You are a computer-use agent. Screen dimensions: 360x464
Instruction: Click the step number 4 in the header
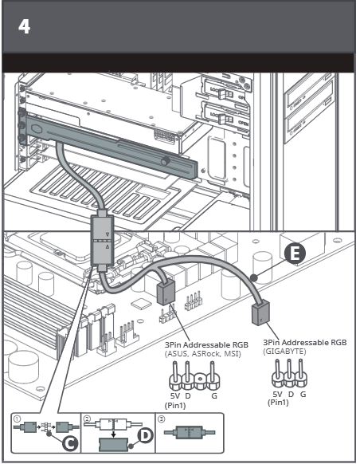[x=24, y=26]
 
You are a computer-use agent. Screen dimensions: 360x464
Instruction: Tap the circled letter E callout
[x=295, y=254]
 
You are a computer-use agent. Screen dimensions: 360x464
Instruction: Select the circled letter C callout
[x=70, y=443]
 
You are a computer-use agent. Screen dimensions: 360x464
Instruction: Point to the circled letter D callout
[x=145, y=435]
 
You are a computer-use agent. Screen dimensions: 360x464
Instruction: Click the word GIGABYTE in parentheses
[x=284, y=352]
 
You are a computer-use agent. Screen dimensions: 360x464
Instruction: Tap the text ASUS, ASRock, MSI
[x=203, y=354]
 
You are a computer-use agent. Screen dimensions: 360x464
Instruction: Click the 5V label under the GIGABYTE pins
[x=277, y=394]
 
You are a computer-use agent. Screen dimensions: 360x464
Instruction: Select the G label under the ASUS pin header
[x=214, y=395]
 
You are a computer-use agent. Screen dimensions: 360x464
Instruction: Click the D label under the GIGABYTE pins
[x=291, y=394]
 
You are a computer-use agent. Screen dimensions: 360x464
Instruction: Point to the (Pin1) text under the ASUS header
[x=175, y=405]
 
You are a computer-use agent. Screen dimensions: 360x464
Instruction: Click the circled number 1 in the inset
[x=18, y=419]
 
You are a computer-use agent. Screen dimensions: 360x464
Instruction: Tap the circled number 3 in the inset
[x=161, y=419]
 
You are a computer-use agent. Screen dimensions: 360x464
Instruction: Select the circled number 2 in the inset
[x=87, y=419]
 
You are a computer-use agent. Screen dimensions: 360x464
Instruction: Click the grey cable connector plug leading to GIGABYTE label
[x=260, y=313]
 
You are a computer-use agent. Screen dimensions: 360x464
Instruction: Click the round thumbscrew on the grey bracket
[x=166, y=161]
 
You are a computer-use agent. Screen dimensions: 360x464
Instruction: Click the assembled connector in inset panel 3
[x=190, y=432]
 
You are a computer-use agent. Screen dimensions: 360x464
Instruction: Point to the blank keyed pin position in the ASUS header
[x=199, y=381]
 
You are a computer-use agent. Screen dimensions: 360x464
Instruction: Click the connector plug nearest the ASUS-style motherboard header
[x=166, y=293]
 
